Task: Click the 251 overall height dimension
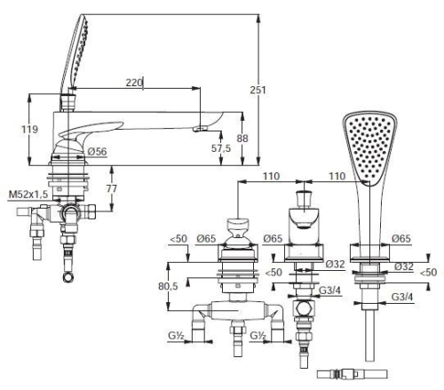pos(258,90)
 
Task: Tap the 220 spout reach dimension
pos(134,83)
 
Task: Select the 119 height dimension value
pos(29,130)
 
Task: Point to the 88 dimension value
pos(242,138)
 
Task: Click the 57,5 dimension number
pos(221,148)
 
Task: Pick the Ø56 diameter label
pos(98,152)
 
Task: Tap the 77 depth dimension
pos(112,188)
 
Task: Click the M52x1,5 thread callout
pos(28,195)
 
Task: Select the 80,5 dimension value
pos(168,286)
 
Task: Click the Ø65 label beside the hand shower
pos(401,238)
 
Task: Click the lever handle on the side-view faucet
pos(91,130)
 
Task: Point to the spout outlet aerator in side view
pos(200,129)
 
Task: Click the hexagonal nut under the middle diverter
pos(304,308)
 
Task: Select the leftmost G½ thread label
pos(177,336)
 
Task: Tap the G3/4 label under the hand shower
pos(402,297)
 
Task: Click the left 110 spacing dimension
pos(271,176)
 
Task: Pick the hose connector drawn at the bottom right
pos(352,374)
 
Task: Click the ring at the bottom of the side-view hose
pos(68,277)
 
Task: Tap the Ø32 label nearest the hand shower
pos(404,267)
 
